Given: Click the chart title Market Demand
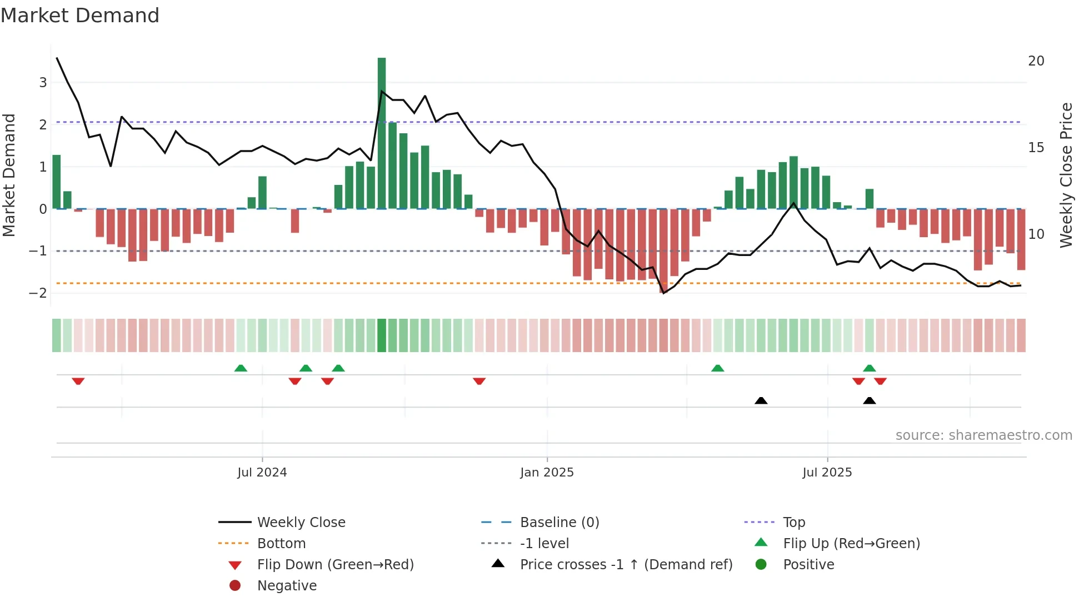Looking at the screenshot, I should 80,16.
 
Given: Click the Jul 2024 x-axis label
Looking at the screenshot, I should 262,473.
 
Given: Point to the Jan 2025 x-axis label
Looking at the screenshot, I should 547,473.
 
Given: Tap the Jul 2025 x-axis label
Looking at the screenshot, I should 827,473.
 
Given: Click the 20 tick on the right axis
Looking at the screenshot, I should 1036,61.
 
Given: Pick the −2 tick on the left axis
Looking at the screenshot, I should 38,293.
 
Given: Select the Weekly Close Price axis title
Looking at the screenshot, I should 1066,175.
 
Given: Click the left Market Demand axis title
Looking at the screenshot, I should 9,175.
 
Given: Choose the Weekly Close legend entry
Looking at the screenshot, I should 301,523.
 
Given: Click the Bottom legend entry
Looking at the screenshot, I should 281,544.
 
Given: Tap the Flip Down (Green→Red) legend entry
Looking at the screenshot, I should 335,565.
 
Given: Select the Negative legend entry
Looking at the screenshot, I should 287,586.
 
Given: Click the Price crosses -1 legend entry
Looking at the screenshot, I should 626,565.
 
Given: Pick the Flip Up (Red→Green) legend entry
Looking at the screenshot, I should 851,544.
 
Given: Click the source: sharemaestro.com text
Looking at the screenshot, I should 983,435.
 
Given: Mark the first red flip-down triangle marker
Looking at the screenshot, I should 78,381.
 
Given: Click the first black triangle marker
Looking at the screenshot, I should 761,400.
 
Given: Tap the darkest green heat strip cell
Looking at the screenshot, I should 382,335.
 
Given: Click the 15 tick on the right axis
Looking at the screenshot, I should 1036,148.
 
